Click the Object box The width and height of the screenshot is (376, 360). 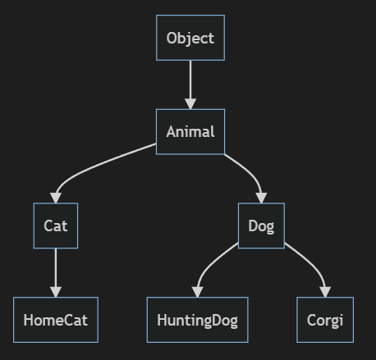[190, 38]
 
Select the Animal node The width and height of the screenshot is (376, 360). [190, 132]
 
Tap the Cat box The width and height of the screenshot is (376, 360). [56, 226]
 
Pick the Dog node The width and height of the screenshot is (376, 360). [261, 226]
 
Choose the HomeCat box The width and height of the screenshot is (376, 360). [56, 320]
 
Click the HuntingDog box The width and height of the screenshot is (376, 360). [198, 320]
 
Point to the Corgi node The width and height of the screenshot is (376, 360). [325, 320]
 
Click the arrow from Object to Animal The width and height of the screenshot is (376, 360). [190, 84]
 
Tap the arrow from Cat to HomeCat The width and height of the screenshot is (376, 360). [56, 273]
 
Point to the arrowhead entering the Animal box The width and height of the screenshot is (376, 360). [190, 104]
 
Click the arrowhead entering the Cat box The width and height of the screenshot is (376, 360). [56, 198]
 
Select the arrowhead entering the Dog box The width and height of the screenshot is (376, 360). [262, 198]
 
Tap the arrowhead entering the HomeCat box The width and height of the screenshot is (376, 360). [56, 292]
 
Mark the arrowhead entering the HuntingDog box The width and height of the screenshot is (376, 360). [198, 292]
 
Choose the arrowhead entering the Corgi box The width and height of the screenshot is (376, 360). [325, 292]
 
